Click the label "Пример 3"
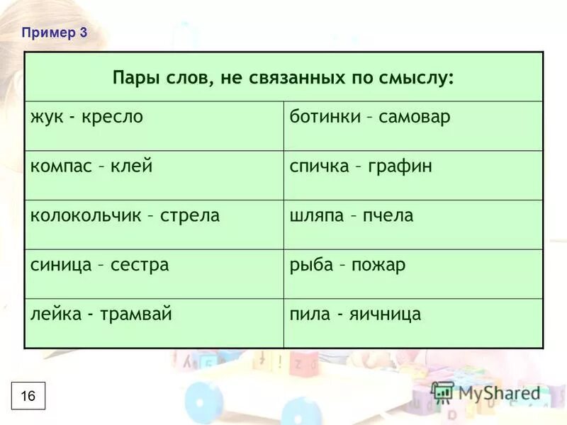[x=54, y=33]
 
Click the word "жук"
[x=45, y=117]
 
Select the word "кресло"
[x=116, y=117]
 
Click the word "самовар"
[x=415, y=117]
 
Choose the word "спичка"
[x=319, y=166]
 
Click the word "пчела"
[x=388, y=215]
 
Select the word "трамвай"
[x=143, y=314]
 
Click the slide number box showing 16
[x=28, y=395]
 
